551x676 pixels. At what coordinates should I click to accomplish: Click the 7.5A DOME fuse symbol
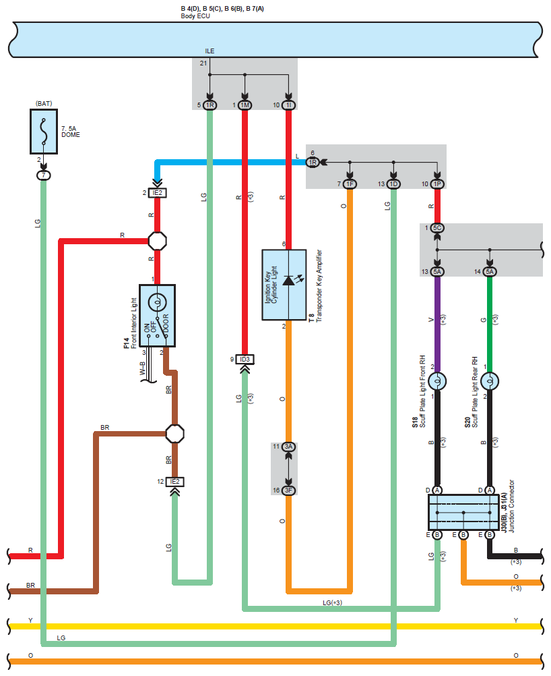click(44, 132)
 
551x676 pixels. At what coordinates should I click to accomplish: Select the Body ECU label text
click(195, 16)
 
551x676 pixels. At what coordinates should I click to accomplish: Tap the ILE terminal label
click(209, 51)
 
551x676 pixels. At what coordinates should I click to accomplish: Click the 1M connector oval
click(245, 105)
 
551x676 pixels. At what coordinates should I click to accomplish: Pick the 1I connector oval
click(288, 105)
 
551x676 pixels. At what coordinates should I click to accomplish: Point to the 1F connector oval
click(350, 184)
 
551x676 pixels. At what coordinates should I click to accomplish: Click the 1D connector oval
click(393, 184)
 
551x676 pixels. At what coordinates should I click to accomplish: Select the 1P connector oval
click(437, 184)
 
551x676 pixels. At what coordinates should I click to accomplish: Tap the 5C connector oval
click(437, 227)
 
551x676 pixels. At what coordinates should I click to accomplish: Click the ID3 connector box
click(245, 359)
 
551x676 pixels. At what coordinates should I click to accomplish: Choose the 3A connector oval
click(288, 447)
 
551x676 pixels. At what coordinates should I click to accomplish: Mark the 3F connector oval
click(288, 490)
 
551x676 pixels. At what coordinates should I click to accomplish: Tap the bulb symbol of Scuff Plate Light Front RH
click(437, 381)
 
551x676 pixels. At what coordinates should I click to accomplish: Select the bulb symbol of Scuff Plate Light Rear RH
click(490, 381)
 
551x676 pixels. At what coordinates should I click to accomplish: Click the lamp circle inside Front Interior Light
click(157, 303)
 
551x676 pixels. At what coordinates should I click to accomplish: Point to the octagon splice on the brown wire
click(174, 434)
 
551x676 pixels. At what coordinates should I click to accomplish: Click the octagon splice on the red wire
click(157, 241)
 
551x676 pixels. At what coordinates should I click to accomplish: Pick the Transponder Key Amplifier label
click(319, 286)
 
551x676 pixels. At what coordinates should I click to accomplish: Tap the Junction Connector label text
click(511, 506)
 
